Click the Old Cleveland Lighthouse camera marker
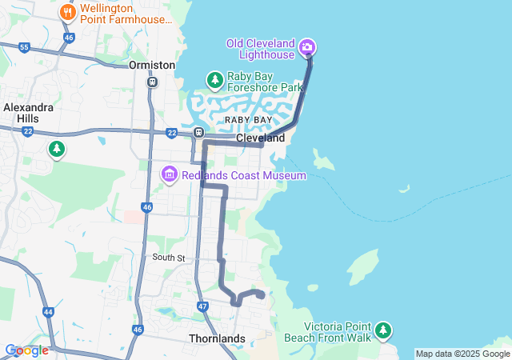[306, 49]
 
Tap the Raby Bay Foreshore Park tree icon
[214, 79]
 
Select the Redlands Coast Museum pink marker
[169, 174]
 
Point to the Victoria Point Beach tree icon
[384, 330]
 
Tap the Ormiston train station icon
[151, 82]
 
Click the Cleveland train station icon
[198, 133]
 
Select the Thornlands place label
[217, 338]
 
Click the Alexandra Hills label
[28, 112]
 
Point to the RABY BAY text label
[248, 119]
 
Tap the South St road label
[169, 258]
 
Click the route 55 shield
[24, 48]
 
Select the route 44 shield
[49, 312]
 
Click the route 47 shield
[202, 306]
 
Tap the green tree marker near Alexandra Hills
[57, 148]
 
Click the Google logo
[26, 350]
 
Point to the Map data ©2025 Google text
[462, 354]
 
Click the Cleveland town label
[261, 138]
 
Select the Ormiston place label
[151, 64]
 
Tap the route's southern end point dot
[261, 295]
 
